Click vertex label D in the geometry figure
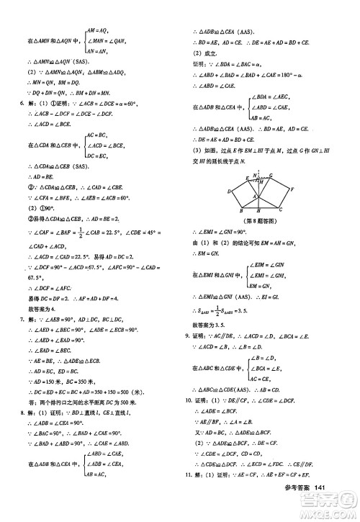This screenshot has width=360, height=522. pyautogui.click(x=229, y=192)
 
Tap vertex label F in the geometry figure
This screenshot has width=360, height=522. pyautogui.click(x=291, y=189)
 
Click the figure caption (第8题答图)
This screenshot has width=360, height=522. pyautogui.click(x=260, y=221)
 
